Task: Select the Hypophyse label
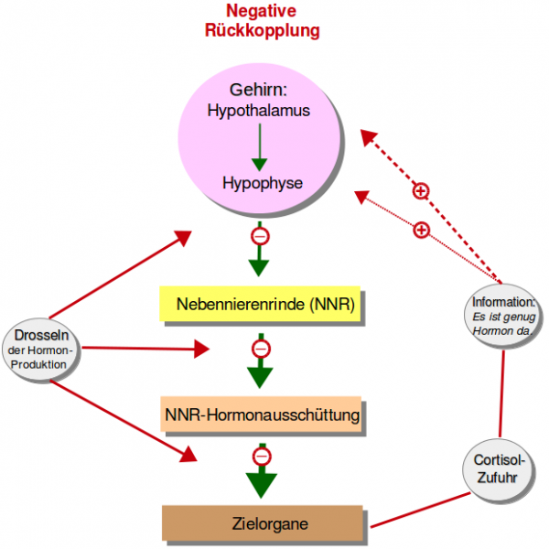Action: coord(262,183)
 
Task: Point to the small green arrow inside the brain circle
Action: coord(259,146)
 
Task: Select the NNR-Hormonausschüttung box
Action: coord(262,416)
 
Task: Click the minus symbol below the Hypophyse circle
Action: coord(260,236)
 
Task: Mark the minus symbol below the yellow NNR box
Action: coord(261,349)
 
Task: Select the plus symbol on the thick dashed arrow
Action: coord(420,190)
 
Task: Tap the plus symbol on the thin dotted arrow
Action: coord(421,230)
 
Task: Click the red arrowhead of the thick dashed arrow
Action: coord(369,136)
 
